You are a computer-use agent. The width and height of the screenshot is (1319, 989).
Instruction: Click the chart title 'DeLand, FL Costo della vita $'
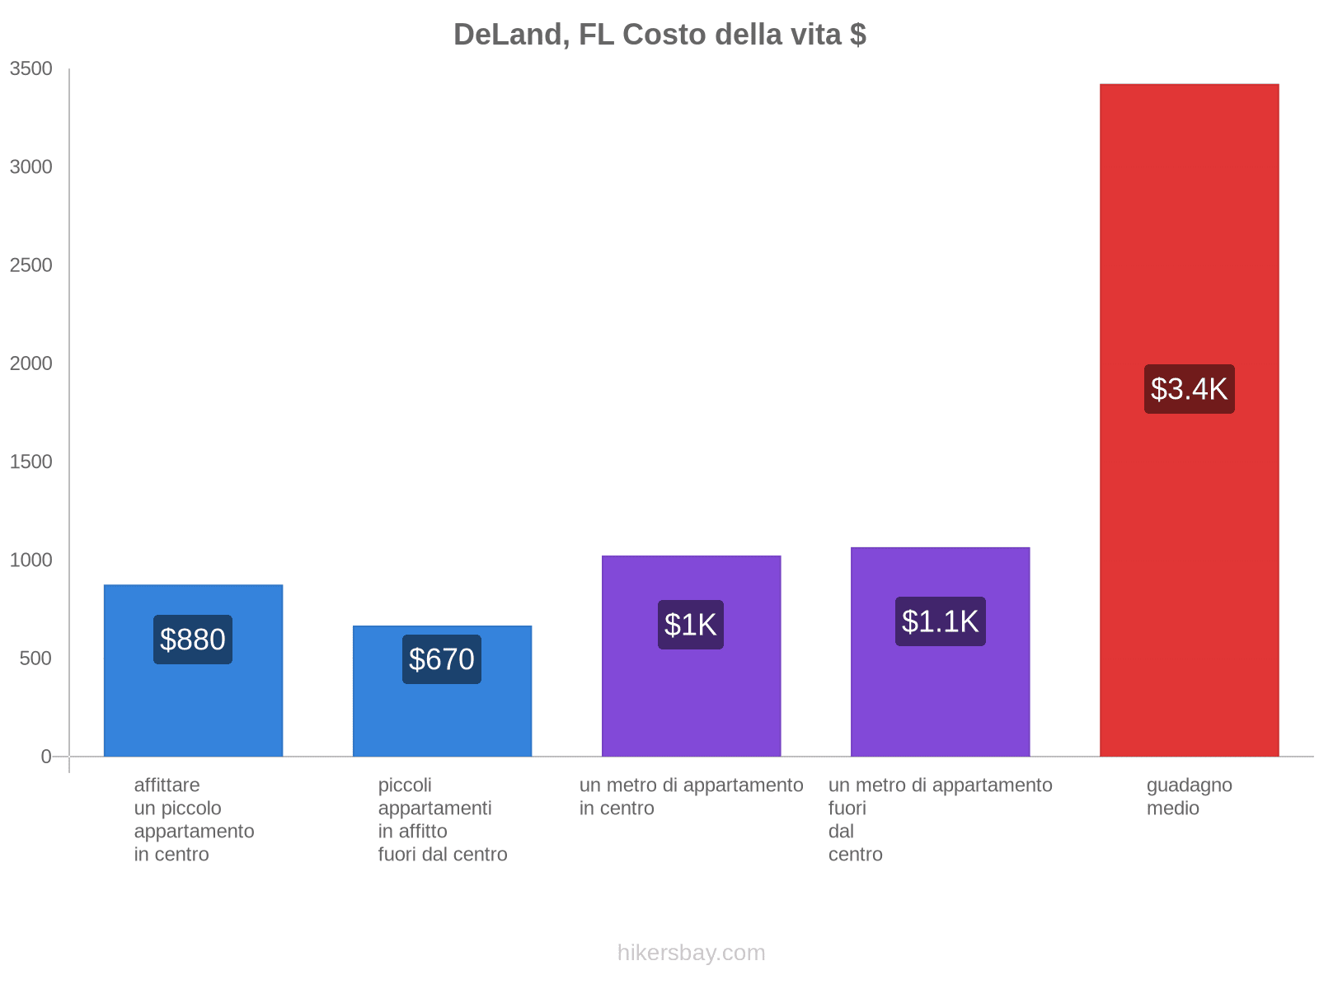point(659,35)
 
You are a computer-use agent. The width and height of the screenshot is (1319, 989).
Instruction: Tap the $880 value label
point(193,640)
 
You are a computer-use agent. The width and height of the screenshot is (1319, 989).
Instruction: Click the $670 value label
point(442,659)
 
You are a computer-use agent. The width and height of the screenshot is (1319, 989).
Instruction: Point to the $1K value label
point(691,625)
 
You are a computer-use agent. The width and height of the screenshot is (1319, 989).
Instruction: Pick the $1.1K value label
point(940,621)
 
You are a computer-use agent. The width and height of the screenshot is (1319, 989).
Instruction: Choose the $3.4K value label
point(1189,389)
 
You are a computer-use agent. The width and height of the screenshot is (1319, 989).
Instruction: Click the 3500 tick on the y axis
point(31,69)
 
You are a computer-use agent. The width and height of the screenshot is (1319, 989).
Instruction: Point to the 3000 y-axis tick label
point(31,167)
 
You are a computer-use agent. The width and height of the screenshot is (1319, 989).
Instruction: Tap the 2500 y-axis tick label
point(31,265)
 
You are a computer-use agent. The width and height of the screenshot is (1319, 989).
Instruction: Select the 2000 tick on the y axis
point(31,363)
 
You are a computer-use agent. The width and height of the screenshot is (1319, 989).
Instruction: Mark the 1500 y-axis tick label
point(31,462)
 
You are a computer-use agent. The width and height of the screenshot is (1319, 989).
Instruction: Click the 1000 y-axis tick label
point(31,560)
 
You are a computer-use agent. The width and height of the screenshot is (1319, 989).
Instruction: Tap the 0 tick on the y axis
point(46,757)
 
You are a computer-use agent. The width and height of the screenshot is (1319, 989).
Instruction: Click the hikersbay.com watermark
point(691,953)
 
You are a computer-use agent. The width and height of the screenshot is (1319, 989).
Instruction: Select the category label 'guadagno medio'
point(1189,797)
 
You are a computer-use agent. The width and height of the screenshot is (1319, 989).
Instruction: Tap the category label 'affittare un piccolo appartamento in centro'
point(194,819)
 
